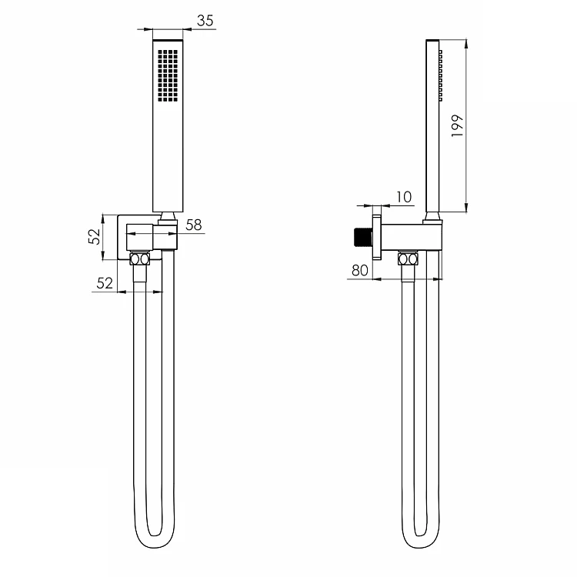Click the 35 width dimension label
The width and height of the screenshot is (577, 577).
click(205, 21)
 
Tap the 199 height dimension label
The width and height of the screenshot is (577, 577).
click(457, 126)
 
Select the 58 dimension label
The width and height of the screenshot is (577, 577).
click(194, 225)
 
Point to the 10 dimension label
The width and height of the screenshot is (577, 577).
click(404, 197)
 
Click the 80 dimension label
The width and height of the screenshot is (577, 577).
click(359, 271)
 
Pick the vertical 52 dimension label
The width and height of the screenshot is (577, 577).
click(94, 237)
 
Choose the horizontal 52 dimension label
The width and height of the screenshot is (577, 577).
click(105, 283)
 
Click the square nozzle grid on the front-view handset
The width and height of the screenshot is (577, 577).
click(168, 75)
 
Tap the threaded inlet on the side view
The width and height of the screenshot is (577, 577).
click(363, 238)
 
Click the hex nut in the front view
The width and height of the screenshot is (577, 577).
click(139, 259)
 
